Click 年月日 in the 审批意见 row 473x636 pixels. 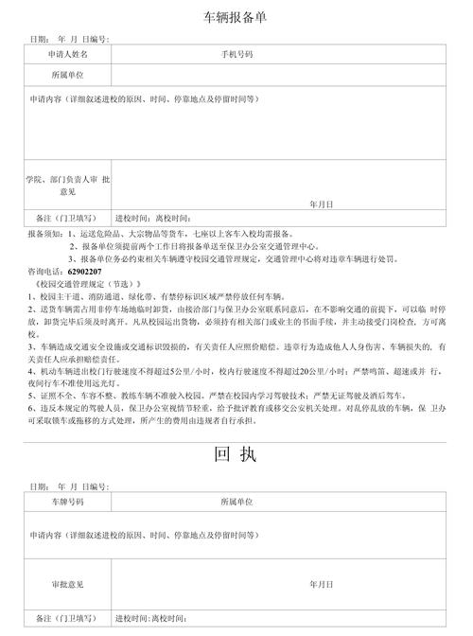coord(320,584)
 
